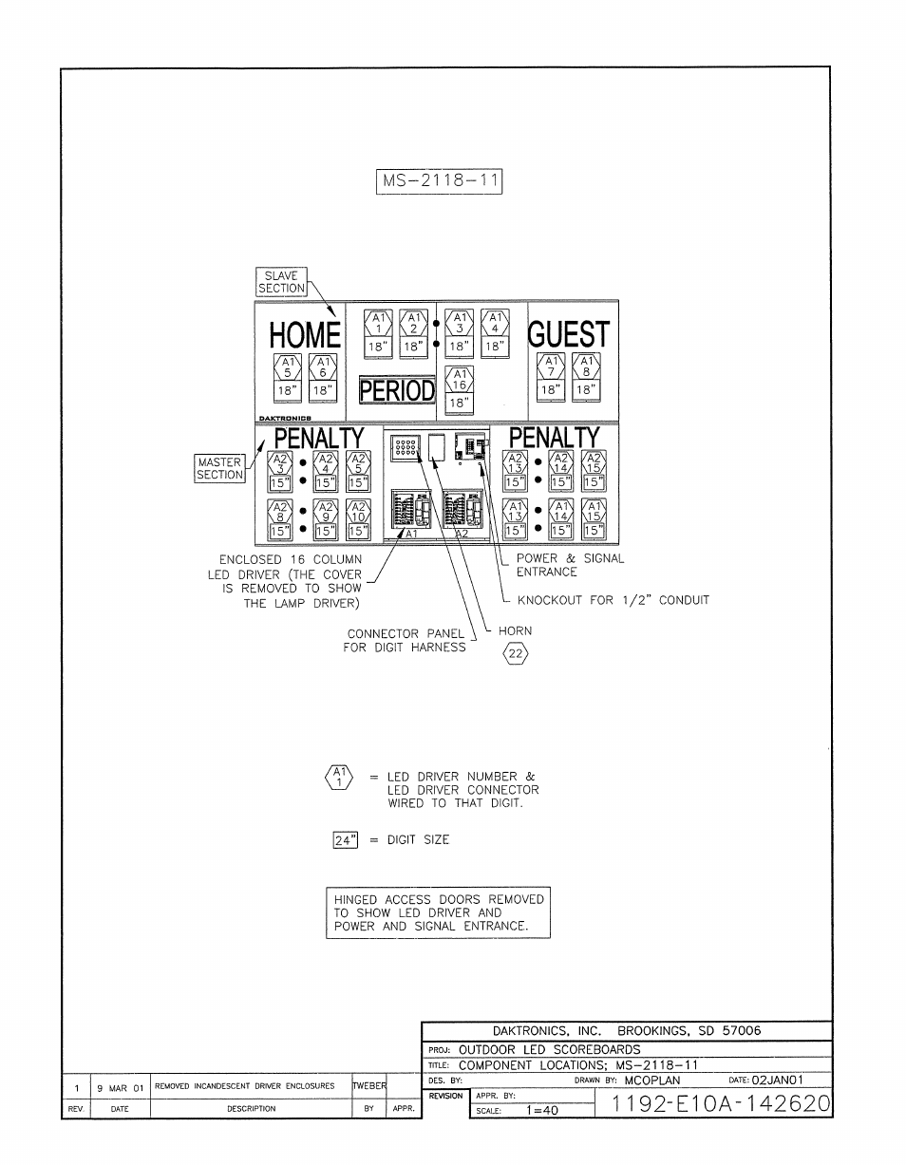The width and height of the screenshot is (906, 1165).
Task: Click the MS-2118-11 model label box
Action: click(439, 181)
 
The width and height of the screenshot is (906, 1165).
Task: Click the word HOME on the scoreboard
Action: click(304, 335)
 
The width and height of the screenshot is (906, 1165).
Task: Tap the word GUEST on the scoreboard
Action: click(568, 335)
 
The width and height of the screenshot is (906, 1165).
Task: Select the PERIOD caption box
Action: click(397, 390)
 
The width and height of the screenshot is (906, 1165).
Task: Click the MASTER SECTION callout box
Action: click(220, 469)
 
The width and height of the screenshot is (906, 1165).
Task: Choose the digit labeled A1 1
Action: click(376, 331)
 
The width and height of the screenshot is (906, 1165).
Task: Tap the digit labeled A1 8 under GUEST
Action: click(587, 376)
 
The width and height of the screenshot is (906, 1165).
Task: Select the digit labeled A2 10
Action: click(357, 519)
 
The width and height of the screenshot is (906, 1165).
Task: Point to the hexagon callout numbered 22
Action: click(514, 653)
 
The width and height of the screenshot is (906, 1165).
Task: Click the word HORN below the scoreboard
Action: click(515, 630)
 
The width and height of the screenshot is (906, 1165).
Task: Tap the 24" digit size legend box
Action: click(344, 839)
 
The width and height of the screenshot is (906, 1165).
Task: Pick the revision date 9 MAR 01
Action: click(120, 1086)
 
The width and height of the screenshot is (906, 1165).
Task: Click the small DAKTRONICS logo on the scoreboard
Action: click(286, 417)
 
